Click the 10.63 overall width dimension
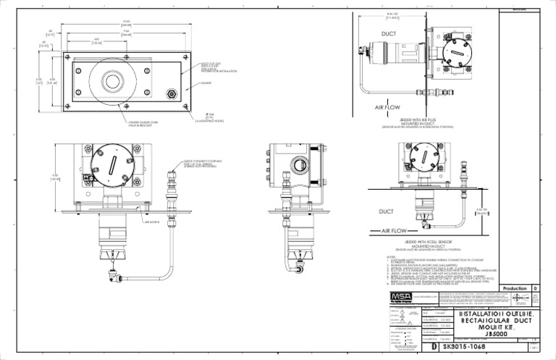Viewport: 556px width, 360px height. [127, 21]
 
